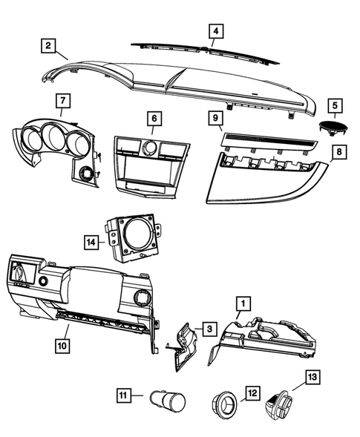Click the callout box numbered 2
[48, 46]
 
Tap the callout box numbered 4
[215, 31]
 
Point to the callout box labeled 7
[62, 100]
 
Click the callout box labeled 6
[153, 117]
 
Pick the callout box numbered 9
[212, 117]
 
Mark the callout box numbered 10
[62, 345]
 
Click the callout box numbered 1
[241, 303]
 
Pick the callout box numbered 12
[252, 392]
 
